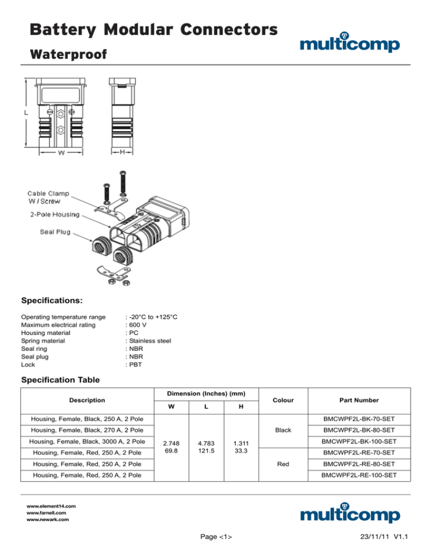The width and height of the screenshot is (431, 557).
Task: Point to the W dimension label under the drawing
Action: pyautogui.click(x=61, y=152)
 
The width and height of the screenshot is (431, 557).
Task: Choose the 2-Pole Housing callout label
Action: pyautogui.click(x=55, y=214)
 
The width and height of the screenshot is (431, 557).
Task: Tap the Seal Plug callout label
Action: pyautogui.click(x=54, y=231)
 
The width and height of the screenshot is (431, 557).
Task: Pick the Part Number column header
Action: pyautogui.click(x=359, y=400)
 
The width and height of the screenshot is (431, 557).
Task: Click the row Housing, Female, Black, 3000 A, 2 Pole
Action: pyautogui.click(x=81, y=442)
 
